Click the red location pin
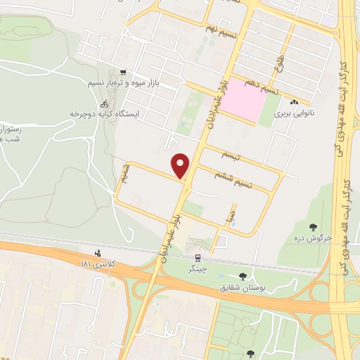tap(181, 165)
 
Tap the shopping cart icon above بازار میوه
tap(124, 72)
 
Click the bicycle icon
tap(104, 103)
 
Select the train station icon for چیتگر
tap(199, 257)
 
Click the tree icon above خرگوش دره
tap(313, 226)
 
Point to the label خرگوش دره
tap(313, 238)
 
